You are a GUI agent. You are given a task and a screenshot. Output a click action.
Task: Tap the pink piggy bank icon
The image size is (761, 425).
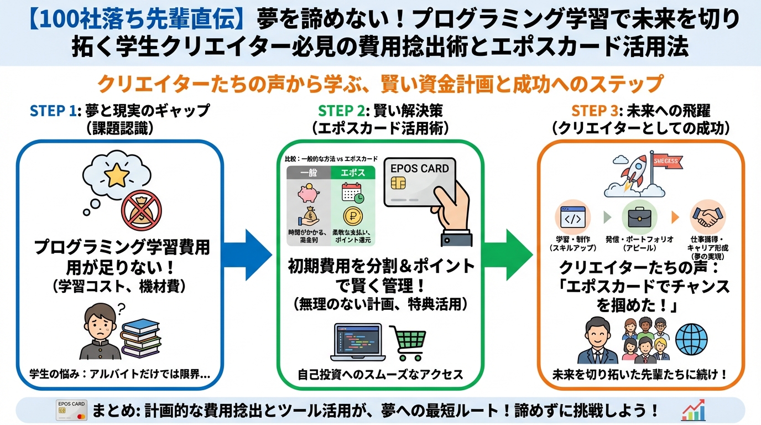pos(307,194)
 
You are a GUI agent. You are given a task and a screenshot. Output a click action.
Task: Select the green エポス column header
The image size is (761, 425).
pos(353,172)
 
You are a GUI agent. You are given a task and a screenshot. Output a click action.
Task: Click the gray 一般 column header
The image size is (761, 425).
pos(308,172)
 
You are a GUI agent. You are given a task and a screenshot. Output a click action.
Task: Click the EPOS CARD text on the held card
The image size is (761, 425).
pos(419,168)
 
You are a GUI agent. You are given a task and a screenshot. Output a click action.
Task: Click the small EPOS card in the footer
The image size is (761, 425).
pos(73,410)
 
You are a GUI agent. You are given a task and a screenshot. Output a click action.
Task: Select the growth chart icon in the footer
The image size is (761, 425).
pos(692,410)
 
